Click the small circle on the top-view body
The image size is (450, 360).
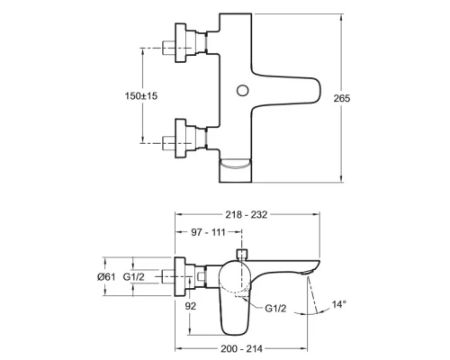(240, 90)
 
